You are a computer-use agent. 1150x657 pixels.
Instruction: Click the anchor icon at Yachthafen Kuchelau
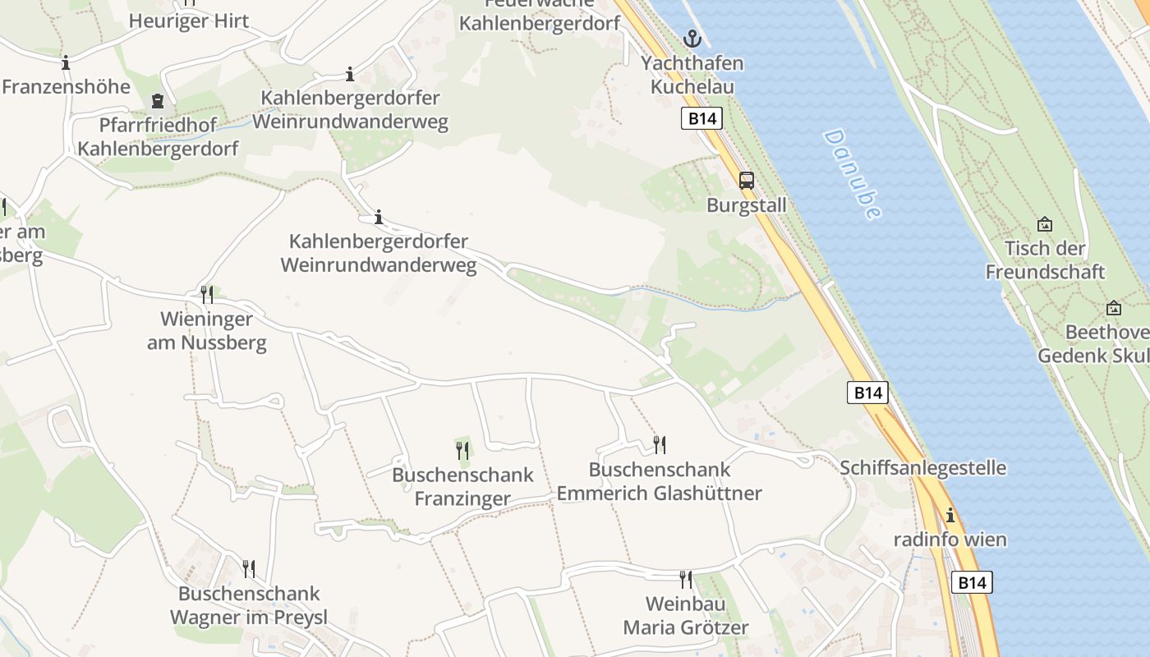pos(692,38)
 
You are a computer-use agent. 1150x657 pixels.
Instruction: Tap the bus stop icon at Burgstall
pos(746,181)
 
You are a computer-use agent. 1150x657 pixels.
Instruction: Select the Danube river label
pos(851,174)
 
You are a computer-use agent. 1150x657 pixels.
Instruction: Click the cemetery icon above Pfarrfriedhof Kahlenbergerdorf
pos(157,101)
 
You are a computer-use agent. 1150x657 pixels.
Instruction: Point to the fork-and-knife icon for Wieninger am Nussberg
pos(207,294)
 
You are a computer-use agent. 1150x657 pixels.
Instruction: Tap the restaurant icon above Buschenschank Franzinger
pos(462,450)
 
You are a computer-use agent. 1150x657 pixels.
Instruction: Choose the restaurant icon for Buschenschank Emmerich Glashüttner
pos(660,445)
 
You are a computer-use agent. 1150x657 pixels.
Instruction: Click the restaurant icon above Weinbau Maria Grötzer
pos(685,579)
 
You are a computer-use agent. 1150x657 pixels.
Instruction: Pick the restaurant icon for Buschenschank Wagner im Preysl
pos(248,568)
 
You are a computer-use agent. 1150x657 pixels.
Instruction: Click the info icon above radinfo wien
pos(950,516)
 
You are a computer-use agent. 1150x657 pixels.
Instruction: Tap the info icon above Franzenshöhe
pos(66,62)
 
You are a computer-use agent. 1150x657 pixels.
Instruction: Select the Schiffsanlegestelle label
pos(922,468)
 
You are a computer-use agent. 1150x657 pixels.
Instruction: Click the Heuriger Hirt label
pos(189,21)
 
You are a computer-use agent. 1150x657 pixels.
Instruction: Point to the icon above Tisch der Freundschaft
pos(1045,223)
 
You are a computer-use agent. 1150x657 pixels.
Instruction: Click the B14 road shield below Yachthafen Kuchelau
pos(701,118)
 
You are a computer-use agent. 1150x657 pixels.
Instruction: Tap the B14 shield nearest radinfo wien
pos(972,583)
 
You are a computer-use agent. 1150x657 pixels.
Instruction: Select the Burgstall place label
pos(747,205)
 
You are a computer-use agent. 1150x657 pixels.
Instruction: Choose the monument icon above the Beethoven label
pos(1114,308)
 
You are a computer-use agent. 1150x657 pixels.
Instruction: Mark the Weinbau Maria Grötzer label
pos(686,616)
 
